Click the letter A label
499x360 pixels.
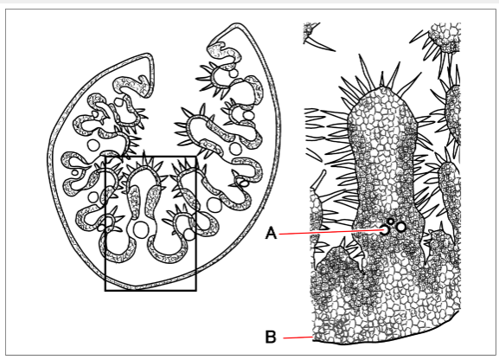tap(271, 233)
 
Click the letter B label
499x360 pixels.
tap(271, 337)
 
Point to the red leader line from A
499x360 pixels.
tap(331, 232)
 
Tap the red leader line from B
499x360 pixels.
tap(298, 337)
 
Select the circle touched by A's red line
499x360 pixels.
tap(386, 229)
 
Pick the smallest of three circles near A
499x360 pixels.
tap(391, 221)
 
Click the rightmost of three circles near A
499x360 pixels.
tap(401, 227)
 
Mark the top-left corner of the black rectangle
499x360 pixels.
tap(106, 157)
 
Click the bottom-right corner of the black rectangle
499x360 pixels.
tap(196, 291)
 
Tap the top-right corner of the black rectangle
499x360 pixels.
tap(196, 157)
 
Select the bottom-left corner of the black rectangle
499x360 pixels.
tap(106, 291)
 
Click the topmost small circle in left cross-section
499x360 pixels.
tap(234, 74)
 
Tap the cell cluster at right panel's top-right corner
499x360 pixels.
tap(445, 35)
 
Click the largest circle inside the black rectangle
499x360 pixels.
tap(140, 229)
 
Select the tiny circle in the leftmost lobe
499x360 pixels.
tap(75, 173)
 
